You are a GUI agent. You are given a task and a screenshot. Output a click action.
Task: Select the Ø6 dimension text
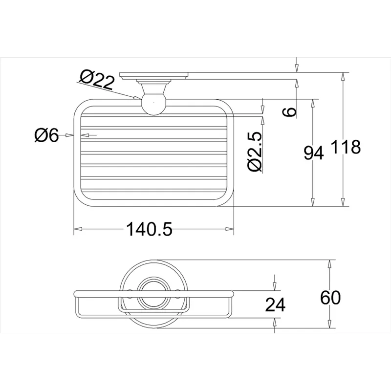[x=46, y=135]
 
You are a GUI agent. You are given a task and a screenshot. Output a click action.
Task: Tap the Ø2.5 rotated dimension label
[x=255, y=152]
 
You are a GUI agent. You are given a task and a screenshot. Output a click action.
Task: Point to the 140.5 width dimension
[x=149, y=229]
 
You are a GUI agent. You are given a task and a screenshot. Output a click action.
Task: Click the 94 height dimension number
[x=314, y=152]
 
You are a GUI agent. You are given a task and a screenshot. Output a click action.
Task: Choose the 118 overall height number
[x=346, y=147]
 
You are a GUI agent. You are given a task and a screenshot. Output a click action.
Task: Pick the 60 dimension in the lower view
[x=330, y=298]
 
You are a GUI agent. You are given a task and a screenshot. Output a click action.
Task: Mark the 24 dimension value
[x=275, y=304]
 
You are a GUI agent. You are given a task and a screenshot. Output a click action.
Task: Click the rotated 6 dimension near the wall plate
[x=289, y=112]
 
